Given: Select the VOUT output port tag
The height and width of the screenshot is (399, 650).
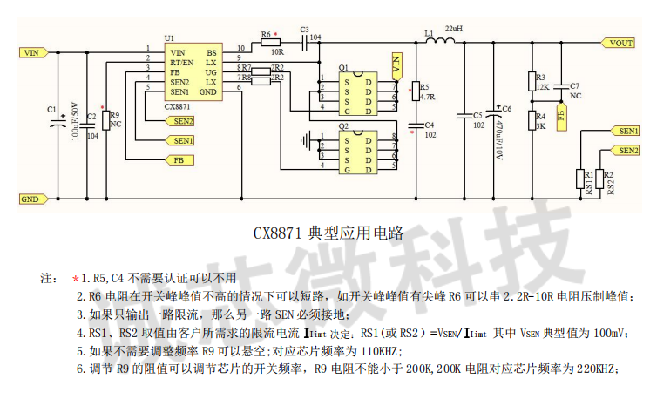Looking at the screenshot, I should [620, 43].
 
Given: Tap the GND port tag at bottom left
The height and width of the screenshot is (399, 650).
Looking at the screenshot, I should [31, 199].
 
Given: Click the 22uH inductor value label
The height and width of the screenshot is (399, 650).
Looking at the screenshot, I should [453, 30].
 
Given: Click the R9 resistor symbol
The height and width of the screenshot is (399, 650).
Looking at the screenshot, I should [105, 120].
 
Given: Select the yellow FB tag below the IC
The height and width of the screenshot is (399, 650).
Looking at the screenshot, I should [179, 159].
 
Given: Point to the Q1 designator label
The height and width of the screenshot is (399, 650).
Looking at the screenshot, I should [343, 67].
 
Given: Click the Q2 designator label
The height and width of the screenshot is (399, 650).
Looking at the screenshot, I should [343, 125].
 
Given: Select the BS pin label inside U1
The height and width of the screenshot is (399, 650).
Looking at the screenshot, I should [212, 53].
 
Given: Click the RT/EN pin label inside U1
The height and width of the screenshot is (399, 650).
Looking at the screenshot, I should [182, 63].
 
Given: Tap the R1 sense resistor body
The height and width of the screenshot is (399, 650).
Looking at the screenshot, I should [580, 179].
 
